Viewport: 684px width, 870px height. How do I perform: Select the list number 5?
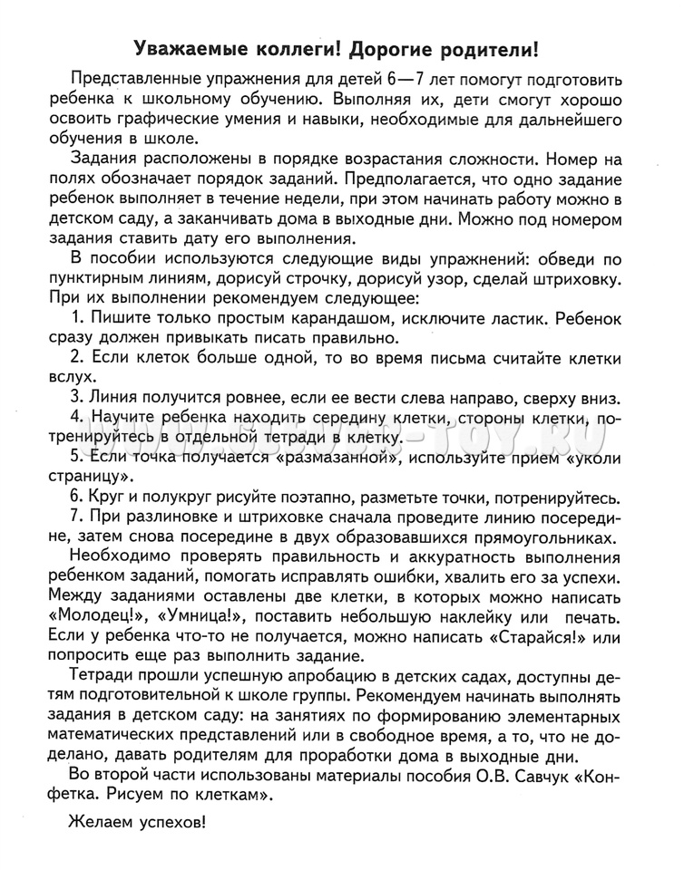click(x=75, y=456)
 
